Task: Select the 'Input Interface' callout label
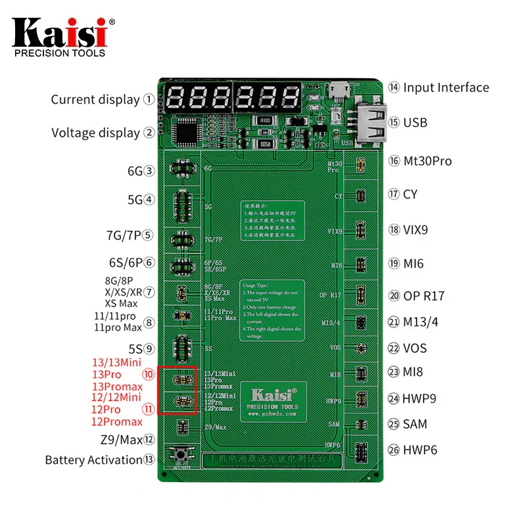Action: tap(446, 87)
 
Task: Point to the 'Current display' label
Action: tap(95, 100)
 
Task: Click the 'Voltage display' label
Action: tap(96, 133)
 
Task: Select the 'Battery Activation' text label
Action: tap(93, 460)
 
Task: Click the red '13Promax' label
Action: tap(117, 387)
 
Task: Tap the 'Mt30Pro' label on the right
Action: tap(427, 161)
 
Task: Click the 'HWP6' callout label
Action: tap(420, 450)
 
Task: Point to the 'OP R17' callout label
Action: tap(424, 296)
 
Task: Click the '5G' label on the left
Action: tap(135, 199)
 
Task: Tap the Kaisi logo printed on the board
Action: tap(271, 395)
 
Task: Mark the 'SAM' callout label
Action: tap(415, 425)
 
